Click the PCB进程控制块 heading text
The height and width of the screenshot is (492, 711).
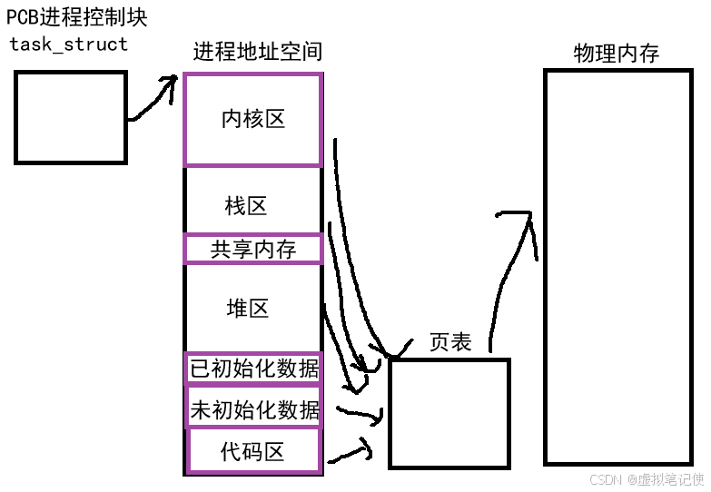(x=76, y=16)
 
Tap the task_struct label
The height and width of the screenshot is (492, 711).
(x=68, y=44)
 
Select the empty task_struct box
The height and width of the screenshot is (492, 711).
(x=70, y=118)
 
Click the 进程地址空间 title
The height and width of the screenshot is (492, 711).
(x=257, y=52)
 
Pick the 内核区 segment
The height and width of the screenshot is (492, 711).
(x=253, y=120)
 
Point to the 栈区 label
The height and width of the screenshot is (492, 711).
(x=246, y=205)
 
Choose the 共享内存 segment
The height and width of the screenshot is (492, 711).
(x=253, y=249)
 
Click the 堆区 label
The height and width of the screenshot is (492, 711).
(x=248, y=309)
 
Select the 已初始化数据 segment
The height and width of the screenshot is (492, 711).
(x=253, y=369)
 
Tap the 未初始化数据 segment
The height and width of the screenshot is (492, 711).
(x=253, y=410)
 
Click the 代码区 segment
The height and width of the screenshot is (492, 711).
(x=253, y=451)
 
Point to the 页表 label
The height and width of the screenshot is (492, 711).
(x=450, y=342)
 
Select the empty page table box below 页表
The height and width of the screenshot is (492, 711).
(x=449, y=413)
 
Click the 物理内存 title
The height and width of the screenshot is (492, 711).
(x=617, y=54)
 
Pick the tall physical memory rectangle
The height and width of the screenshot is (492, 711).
(x=617, y=267)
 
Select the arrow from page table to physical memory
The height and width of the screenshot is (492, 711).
(x=506, y=272)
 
